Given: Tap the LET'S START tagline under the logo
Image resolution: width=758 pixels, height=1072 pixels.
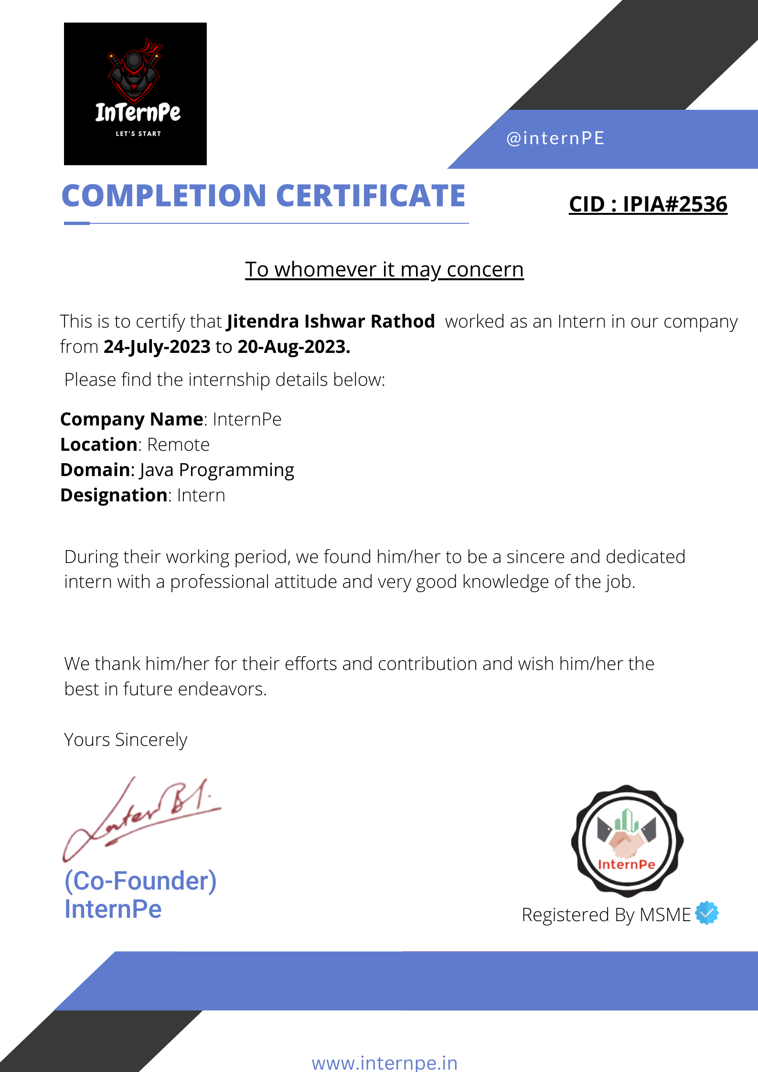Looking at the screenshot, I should pyautogui.click(x=138, y=134).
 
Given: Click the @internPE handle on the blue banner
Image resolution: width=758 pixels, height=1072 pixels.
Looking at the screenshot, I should pyautogui.click(x=555, y=138).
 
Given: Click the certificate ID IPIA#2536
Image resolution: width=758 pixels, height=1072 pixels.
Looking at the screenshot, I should pyautogui.click(x=674, y=204).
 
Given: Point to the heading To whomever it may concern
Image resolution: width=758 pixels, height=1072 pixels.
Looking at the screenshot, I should pyautogui.click(x=384, y=270).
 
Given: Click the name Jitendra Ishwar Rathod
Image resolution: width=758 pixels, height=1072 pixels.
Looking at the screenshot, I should pyautogui.click(x=331, y=321).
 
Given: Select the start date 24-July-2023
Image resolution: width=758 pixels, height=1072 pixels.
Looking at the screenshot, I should pyautogui.click(x=157, y=347).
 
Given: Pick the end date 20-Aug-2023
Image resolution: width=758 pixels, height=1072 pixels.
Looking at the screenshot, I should pyautogui.click(x=294, y=347).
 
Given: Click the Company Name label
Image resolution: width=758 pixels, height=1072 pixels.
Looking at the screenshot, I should pyautogui.click(x=132, y=419).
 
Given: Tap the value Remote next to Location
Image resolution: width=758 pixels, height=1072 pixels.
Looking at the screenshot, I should pyautogui.click(x=178, y=445).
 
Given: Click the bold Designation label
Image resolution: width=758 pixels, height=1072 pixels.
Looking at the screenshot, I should pyautogui.click(x=114, y=495).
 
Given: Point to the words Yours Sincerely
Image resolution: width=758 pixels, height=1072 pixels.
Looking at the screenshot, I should pyautogui.click(x=126, y=740).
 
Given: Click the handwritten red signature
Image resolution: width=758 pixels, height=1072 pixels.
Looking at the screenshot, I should pyautogui.click(x=143, y=817).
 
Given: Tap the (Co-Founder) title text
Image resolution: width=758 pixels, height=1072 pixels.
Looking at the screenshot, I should pyautogui.click(x=140, y=881).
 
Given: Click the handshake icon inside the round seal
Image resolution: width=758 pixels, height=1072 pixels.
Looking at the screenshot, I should pyautogui.click(x=627, y=843).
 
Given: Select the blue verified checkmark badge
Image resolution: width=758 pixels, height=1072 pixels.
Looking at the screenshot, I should pyautogui.click(x=707, y=913).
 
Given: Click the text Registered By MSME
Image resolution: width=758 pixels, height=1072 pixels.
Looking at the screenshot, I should pyautogui.click(x=606, y=915).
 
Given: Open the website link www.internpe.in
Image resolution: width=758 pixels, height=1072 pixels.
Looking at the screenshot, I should pyautogui.click(x=384, y=1063).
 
